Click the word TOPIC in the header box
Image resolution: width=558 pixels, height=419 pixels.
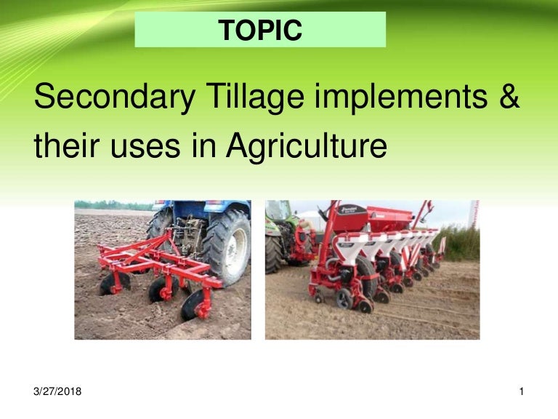click(x=260, y=30)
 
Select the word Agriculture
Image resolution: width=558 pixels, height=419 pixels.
click(x=305, y=148)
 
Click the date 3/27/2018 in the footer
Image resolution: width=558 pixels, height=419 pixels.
click(x=57, y=392)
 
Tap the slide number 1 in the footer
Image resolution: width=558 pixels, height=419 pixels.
click(x=522, y=392)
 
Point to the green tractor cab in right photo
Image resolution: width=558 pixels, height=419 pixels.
click(x=279, y=212)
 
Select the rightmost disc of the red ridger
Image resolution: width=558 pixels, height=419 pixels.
click(x=193, y=304)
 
